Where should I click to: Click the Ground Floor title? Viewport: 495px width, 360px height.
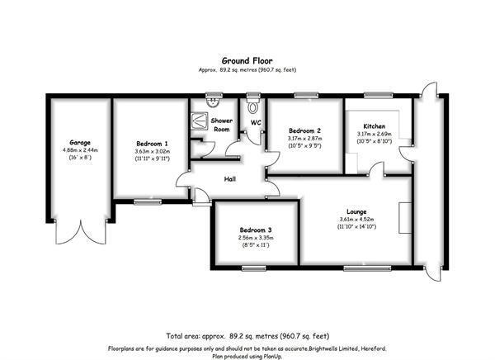(x=247, y=60)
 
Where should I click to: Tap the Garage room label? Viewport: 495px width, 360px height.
(x=80, y=143)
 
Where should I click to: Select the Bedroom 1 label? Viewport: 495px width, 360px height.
(x=152, y=144)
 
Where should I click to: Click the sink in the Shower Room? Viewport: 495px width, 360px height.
(x=214, y=102)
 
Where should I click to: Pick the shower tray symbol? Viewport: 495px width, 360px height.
(x=200, y=121)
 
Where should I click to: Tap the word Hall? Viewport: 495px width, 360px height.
(x=230, y=179)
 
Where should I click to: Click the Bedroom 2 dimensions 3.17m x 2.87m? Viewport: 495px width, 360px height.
(x=305, y=139)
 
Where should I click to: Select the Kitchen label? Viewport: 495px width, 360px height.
(x=374, y=126)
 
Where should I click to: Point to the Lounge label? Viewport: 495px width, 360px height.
(x=356, y=211)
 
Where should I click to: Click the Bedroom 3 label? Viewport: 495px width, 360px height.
(x=256, y=230)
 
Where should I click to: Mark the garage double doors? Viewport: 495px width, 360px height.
(x=81, y=232)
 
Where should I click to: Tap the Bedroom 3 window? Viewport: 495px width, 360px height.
(x=254, y=268)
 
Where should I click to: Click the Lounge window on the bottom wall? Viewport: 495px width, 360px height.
(x=367, y=268)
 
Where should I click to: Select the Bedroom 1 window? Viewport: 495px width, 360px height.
(x=148, y=201)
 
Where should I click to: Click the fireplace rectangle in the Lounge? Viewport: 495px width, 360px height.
(x=405, y=218)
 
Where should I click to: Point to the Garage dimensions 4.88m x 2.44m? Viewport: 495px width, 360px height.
(x=81, y=150)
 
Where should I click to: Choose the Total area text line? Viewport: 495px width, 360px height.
(x=247, y=336)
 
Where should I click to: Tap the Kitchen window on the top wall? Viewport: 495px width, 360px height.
(x=378, y=95)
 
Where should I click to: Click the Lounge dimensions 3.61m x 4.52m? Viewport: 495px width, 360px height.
(x=356, y=220)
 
